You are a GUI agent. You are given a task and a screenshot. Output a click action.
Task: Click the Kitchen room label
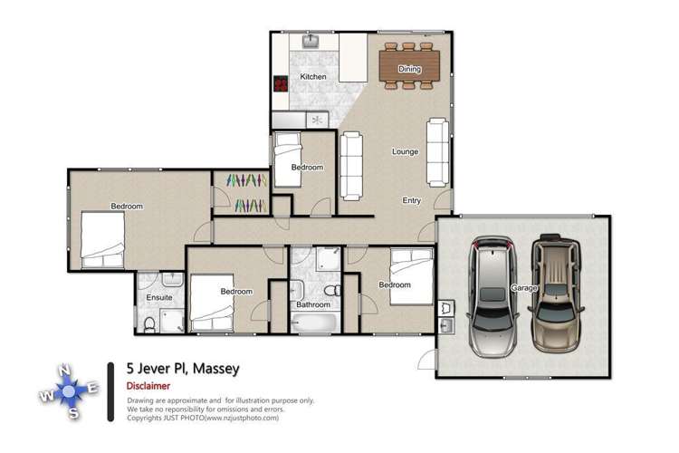pyautogui.click(x=313, y=77)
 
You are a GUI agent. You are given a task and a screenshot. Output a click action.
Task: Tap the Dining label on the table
pyautogui.click(x=409, y=69)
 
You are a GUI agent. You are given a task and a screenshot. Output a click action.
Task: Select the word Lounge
pyautogui.click(x=405, y=151)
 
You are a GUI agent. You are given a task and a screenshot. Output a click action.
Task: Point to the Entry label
pyautogui.click(x=412, y=200)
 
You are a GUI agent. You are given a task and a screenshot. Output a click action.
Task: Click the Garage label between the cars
pyautogui.click(x=522, y=287)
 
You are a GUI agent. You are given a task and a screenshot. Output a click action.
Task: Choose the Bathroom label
pyautogui.click(x=313, y=305)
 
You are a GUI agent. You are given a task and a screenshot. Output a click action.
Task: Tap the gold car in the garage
pyautogui.click(x=556, y=293)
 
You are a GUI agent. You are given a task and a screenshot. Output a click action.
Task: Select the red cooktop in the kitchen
pyautogui.click(x=281, y=84)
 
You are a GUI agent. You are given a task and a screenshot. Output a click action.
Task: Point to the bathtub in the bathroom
pyautogui.click(x=313, y=323)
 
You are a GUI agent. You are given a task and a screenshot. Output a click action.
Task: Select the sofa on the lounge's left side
pyautogui.click(x=350, y=165)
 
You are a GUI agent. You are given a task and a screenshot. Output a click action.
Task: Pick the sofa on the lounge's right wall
pyautogui.click(x=437, y=149)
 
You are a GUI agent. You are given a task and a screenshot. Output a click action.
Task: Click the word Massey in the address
pyautogui.click(x=215, y=370)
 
